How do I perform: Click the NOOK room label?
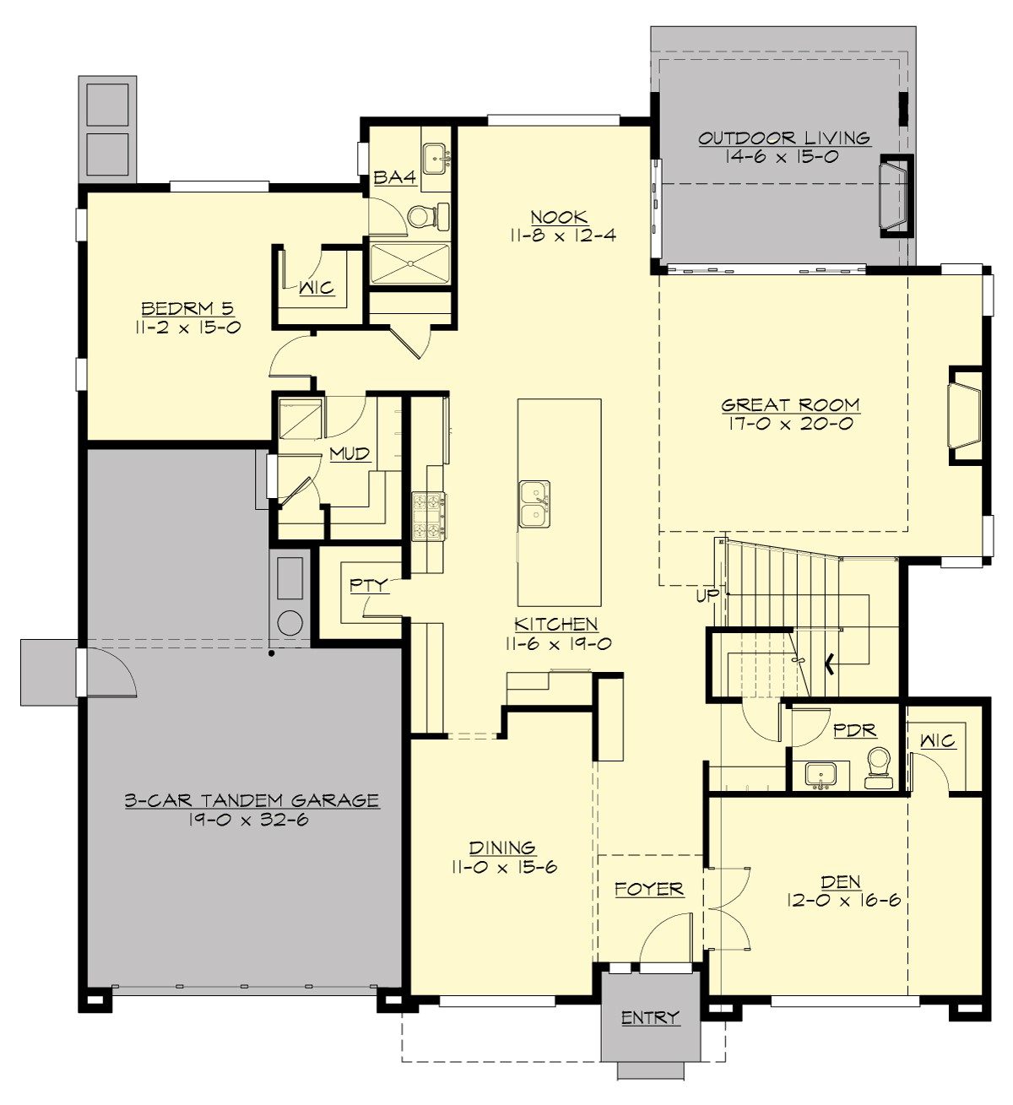(x=561, y=216)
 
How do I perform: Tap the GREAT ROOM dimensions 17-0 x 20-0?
(x=790, y=425)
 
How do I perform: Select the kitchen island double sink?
(x=534, y=503)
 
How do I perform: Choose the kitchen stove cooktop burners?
(x=429, y=516)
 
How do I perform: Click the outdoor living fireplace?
(x=895, y=196)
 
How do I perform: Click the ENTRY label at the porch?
(x=650, y=1018)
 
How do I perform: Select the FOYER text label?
(x=648, y=889)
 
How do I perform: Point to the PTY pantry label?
(x=368, y=584)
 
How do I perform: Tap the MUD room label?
(x=349, y=454)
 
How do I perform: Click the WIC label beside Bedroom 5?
(x=317, y=289)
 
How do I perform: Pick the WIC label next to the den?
(x=937, y=740)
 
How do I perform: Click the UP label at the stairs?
(x=707, y=596)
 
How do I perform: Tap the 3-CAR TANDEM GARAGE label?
(x=252, y=800)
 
